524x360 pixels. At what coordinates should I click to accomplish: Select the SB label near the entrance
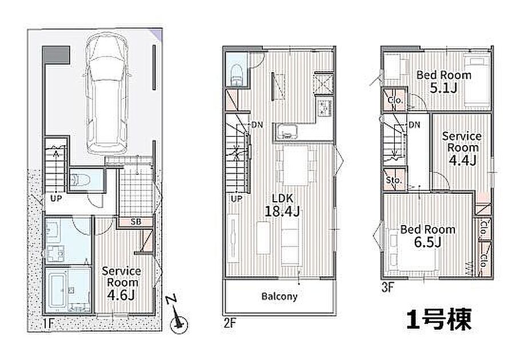pos(135,222)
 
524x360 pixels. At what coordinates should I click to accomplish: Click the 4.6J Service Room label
pos(121,283)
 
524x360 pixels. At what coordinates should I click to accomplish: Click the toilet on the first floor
pos(81,180)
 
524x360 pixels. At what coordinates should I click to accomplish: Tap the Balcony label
pos(279,297)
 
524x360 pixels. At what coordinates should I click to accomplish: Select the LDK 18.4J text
pos(282,205)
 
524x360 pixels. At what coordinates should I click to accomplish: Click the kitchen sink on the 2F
pos(287,131)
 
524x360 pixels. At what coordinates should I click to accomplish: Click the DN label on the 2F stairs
pos(257,125)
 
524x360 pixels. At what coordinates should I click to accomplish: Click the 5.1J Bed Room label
pos(444,81)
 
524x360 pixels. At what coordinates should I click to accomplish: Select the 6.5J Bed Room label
pos(428,235)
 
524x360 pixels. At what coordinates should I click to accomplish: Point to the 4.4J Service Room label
pos(462,148)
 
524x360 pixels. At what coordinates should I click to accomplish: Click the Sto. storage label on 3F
pos(393,180)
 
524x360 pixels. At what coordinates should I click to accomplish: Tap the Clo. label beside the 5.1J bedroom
pos(395,100)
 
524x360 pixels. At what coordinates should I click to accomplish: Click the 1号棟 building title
pos(439,319)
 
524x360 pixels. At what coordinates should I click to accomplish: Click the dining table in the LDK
pos(295,166)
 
